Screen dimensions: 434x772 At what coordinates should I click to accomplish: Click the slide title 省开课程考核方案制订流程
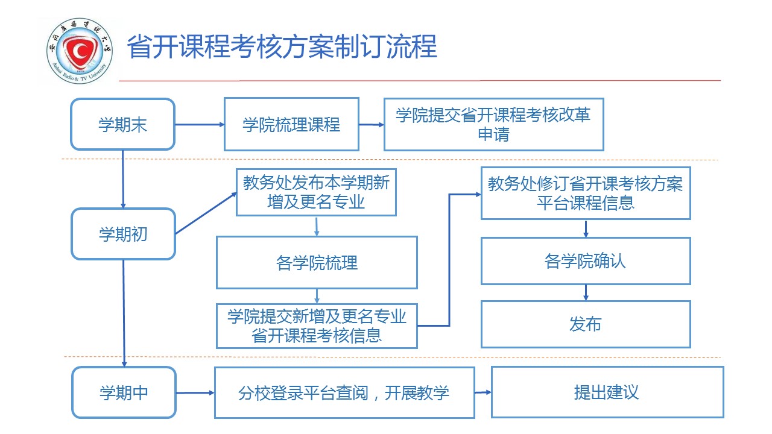click(282, 47)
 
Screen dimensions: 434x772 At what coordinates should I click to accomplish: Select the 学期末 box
click(123, 125)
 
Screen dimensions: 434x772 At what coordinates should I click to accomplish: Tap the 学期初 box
click(123, 234)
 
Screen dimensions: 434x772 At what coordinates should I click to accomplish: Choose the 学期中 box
click(124, 393)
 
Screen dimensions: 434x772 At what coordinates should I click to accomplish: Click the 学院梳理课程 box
click(291, 125)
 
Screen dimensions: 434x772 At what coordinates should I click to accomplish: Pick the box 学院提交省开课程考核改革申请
click(493, 125)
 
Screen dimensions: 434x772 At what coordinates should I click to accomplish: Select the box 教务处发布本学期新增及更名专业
click(316, 192)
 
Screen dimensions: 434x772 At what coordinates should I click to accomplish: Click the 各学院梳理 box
click(317, 263)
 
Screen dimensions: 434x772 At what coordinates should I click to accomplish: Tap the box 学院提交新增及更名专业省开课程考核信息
click(317, 326)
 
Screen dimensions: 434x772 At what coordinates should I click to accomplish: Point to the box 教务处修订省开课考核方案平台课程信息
click(585, 193)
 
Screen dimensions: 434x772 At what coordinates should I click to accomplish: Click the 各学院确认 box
click(585, 261)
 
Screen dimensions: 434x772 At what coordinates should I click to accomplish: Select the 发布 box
click(585, 324)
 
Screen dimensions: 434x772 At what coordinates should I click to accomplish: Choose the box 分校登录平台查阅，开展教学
click(344, 393)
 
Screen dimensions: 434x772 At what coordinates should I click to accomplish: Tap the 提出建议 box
click(607, 392)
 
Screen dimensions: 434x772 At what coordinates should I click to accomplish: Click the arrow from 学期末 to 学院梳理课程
click(199, 125)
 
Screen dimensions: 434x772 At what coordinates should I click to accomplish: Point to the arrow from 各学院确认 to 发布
click(585, 292)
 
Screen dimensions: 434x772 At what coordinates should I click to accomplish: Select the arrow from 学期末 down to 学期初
click(122, 178)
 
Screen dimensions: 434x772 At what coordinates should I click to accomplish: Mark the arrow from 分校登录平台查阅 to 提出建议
click(483, 392)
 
